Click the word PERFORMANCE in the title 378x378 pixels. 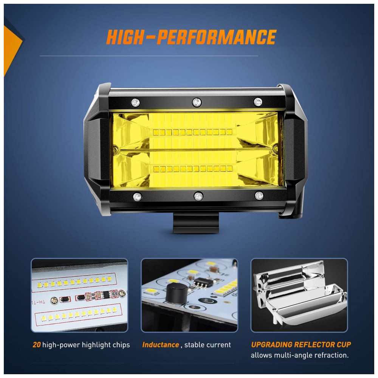click(x=217, y=37)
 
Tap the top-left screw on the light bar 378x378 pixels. click(x=135, y=103)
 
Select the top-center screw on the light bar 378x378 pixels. click(x=197, y=102)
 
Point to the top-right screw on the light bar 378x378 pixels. click(x=258, y=102)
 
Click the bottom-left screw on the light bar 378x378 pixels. click(x=137, y=197)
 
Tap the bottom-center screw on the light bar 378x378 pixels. click(x=198, y=196)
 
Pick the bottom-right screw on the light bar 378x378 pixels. click(x=259, y=195)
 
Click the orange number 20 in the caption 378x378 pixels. click(x=37, y=345)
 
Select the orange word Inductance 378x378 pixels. click(x=161, y=345)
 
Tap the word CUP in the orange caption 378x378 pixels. click(x=344, y=345)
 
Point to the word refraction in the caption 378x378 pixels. click(x=330, y=355)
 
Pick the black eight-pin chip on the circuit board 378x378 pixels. click(x=203, y=282)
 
